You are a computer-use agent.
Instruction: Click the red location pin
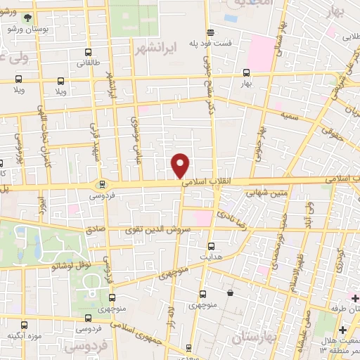click(x=181, y=165)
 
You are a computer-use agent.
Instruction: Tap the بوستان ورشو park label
click(x=23, y=30)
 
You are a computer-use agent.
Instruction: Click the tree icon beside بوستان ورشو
click(x=26, y=17)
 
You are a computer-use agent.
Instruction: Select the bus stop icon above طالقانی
click(x=88, y=51)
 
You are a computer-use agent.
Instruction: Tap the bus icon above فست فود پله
click(x=210, y=32)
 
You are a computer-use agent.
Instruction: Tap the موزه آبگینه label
click(x=25, y=336)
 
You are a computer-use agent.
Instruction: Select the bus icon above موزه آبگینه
click(x=25, y=326)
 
